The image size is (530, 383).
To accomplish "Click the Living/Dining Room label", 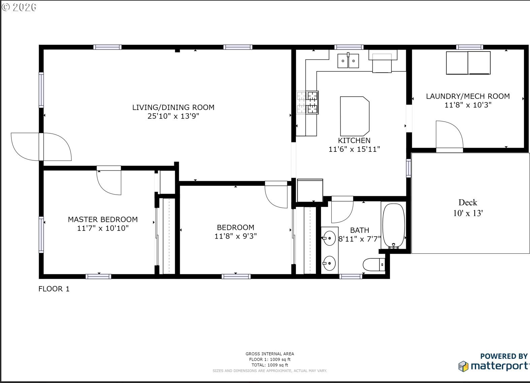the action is (173, 107).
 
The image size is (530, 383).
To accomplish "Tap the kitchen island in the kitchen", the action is (355, 116).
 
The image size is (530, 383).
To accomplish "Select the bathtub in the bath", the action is (394, 226).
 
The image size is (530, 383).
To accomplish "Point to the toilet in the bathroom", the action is (374, 265).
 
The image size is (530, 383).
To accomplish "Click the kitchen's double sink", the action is (348, 61).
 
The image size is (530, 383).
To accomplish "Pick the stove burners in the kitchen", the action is (307, 102).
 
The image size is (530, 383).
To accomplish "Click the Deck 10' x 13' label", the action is (468, 208).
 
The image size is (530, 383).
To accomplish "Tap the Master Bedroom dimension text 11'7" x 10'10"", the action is (103, 228).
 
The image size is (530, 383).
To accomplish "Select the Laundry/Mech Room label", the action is (468, 96).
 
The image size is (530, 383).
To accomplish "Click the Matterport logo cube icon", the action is (463, 366).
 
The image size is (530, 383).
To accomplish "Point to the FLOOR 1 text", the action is (54, 289).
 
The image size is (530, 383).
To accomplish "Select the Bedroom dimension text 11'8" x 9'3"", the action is (235, 236).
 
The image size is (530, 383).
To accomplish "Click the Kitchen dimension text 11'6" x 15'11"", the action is (354, 149).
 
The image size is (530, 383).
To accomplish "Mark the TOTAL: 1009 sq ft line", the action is (270, 365).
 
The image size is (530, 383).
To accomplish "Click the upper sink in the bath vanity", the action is (329, 238).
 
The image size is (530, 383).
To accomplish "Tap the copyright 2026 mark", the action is (19, 7).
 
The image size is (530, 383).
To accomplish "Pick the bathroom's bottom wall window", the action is (351, 276).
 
